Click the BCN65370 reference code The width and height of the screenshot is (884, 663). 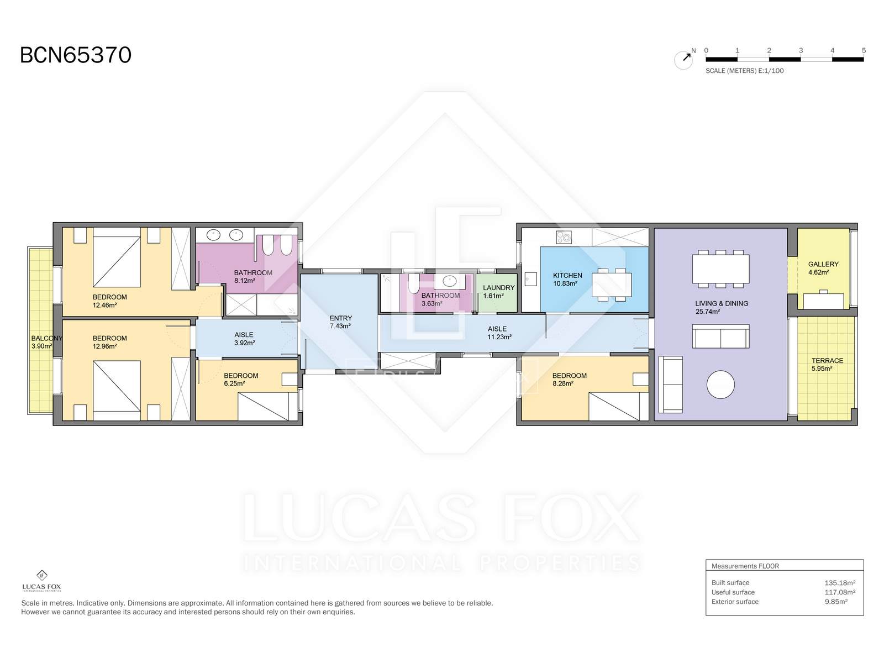(x=76, y=55)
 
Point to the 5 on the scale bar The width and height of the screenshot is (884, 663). (x=864, y=50)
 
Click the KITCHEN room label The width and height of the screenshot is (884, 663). (x=567, y=275)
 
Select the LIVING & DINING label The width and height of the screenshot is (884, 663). (x=722, y=303)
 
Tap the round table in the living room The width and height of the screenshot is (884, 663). (x=720, y=385)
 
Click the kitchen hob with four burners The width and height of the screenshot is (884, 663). (x=564, y=237)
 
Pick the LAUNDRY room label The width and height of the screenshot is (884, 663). (x=498, y=288)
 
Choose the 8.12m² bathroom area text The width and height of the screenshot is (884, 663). (x=244, y=281)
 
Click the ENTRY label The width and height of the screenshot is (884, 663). (x=341, y=318)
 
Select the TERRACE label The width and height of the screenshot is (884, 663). (x=827, y=361)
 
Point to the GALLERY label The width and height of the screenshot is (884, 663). (x=823, y=264)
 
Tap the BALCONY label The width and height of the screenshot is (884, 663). (x=47, y=338)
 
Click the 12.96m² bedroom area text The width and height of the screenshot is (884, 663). (x=105, y=346)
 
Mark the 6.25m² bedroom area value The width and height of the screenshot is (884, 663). (x=234, y=383)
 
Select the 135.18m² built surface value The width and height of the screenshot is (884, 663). (x=840, y=582)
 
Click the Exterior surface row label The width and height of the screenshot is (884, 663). (x=735, y=602)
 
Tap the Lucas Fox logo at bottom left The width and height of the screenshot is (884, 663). (x=41, y=581)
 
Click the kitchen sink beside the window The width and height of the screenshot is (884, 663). (x=530, y=279)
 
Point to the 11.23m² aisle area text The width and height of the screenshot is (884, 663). (x=499, y=337)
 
